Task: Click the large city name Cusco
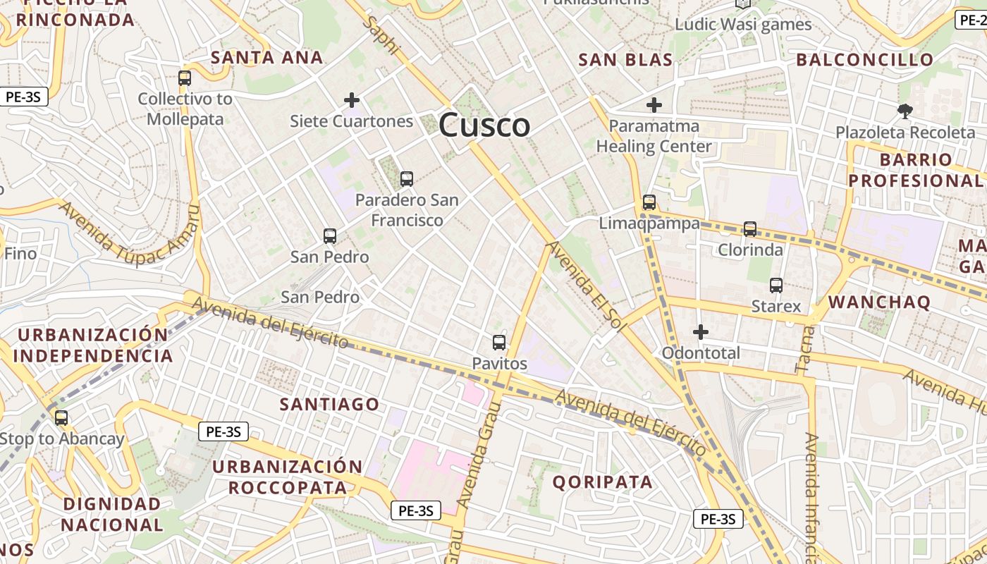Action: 484,125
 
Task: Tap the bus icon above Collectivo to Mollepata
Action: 185,78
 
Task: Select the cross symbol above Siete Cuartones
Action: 352,100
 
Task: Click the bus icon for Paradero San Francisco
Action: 406,179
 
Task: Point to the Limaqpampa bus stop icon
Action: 649,202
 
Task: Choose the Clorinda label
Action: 750,250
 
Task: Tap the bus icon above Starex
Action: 776,286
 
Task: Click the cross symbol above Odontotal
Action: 701,331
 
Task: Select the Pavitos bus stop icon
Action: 499,343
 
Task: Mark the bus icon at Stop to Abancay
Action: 61,418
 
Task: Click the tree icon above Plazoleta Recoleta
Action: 905,111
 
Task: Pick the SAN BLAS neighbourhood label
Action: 625,60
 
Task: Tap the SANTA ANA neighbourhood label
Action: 267,57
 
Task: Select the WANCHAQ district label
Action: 879,303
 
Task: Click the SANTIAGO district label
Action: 329,404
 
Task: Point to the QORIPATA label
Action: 602,482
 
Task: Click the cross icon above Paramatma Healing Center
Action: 654,106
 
